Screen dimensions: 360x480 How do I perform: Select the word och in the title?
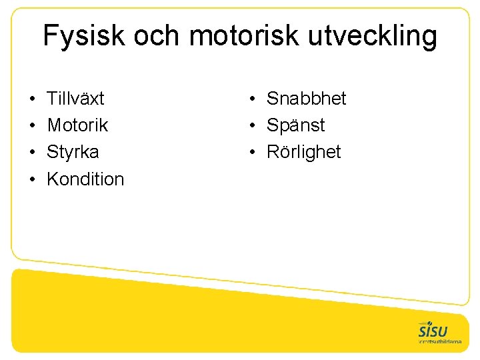click(157, 37)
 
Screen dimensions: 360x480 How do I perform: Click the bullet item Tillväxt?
click(75, 99)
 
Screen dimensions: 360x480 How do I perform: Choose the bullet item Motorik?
click(77, 125)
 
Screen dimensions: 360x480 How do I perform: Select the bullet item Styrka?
click(73, 152)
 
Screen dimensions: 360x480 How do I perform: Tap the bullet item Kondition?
click(85, 179)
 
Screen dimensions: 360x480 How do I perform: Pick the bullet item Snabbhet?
click(307, 99)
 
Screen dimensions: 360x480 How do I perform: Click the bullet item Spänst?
click(296, 125)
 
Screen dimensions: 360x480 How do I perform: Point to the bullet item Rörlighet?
click(303, 152)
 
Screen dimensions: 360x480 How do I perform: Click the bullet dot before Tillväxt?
click(32, 99)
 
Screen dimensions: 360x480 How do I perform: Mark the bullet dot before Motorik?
click(32, 126)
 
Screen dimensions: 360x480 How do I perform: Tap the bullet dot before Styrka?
click(32, 153)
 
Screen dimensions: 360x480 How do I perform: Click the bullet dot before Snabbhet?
click(253, 99)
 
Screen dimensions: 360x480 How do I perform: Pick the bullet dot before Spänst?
click(253, 126)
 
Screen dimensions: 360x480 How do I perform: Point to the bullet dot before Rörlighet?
click(253, 153)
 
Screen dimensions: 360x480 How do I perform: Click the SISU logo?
click(433, 330)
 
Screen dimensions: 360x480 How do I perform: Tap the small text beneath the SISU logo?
click(440, 341)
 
